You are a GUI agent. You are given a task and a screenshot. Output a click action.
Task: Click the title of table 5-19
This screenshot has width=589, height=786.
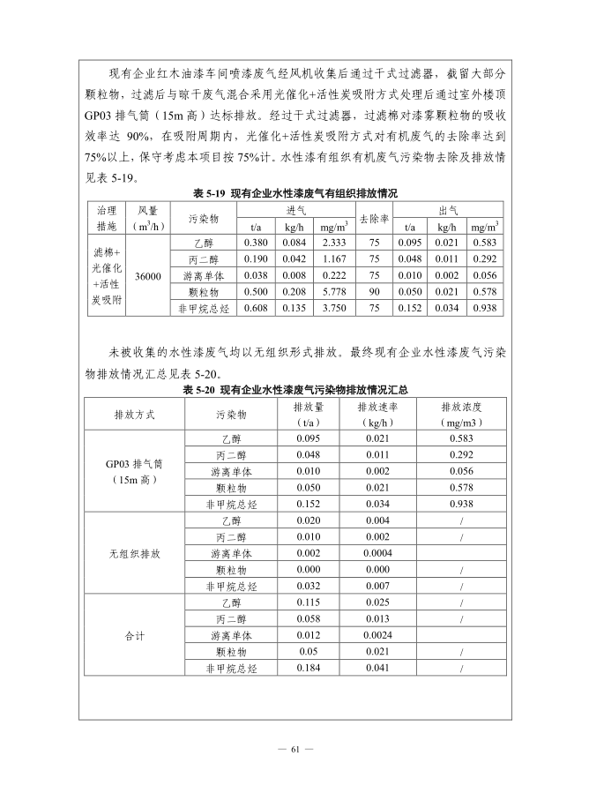[295, 193]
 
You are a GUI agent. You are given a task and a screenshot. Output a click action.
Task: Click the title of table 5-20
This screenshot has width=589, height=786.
[295, 389]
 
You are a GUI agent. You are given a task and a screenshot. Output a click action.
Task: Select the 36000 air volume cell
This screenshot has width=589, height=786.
[147, 276]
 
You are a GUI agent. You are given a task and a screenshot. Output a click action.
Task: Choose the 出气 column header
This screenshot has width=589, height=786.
[447, 210]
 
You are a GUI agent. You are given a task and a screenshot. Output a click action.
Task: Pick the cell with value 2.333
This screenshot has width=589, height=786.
[334, 243]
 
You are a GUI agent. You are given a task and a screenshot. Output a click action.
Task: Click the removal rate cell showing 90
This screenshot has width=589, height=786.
[374, 292]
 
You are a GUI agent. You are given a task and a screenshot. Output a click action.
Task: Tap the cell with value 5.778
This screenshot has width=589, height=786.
[334, 292]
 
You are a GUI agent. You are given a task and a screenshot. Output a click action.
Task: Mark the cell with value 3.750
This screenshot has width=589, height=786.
[334, 309]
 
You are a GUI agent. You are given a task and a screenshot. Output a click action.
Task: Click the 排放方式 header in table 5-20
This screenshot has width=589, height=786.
[133, 415]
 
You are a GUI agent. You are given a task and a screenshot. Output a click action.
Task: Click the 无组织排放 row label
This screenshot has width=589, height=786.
[133, 554]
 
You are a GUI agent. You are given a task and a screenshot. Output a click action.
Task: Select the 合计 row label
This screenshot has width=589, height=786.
[133, 636]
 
